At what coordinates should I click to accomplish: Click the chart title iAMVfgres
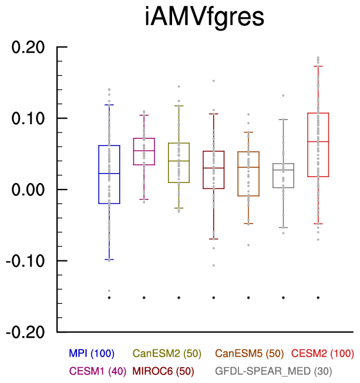pyautogui.click(x=205, y=18)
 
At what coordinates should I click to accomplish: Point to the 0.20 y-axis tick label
pyautogui.click(x=29, y=48)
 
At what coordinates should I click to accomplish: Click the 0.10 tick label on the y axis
pyautogui.click(x=29, y=118)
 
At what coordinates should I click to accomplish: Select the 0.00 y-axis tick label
pyautogui.click(x=29, y=189)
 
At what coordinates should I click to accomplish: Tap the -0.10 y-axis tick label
pyautogui.click(x=26, y=261)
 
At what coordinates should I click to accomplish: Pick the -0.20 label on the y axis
pyautogui.click(x=26, y=332)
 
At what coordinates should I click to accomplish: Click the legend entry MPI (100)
pyautogui.click(x=92, y=353)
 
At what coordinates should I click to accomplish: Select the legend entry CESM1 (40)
pyautogui.click(x=97, y=371)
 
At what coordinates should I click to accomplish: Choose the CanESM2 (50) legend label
pyautogui.click(x=167, y=353)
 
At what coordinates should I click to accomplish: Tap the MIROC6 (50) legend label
pyautogui.click(x=167, y=371)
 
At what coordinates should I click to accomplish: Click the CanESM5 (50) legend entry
pyautogui.click(x=250, y=353)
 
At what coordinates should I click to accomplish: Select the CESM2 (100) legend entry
pyautogui.click(x=323, y=353)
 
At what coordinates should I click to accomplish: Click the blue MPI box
pyautogui.click(x=109, y=174)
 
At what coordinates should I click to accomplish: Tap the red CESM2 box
pyautogui.click(x=318, y=144)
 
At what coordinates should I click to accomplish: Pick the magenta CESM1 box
pyautogui.click(x=144, y=151)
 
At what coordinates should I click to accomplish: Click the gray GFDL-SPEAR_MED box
pyautogui.click(x=283, y=175)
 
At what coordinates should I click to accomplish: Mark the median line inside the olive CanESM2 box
pyautogui.click(x=179, y=161)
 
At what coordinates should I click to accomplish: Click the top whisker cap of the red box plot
pyautogui.click(x=318, y=66)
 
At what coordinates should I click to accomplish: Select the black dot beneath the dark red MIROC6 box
pyautogui.click(x=214, y=297)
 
